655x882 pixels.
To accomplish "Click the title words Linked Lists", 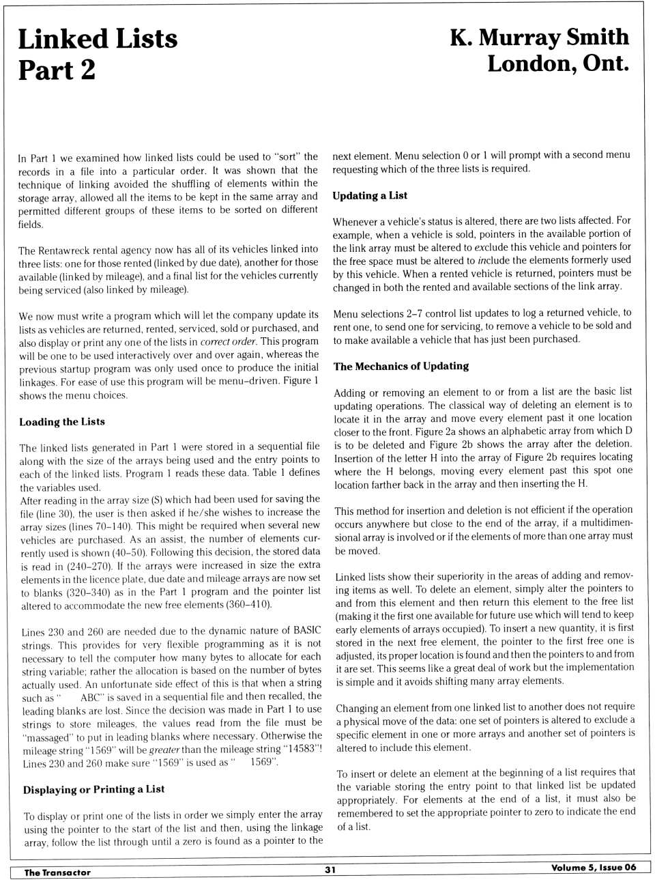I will click(98, 39).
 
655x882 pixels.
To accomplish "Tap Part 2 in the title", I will click(57, 70).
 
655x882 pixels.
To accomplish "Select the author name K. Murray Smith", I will click(539, 38).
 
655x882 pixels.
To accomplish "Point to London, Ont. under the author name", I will click(557, 64).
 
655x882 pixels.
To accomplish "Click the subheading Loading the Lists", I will click(62, 422).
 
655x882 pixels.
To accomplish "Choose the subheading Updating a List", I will click(370, 196).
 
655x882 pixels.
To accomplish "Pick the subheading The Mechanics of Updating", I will click(401, 367).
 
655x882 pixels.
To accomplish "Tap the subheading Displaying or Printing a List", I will click(93, 790).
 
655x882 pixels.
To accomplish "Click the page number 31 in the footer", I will click(330, 870).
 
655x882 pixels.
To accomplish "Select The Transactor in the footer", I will click(57, 872).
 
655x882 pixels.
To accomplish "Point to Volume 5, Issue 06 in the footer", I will click(594, 868).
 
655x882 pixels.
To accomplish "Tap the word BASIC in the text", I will click(307, 631).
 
